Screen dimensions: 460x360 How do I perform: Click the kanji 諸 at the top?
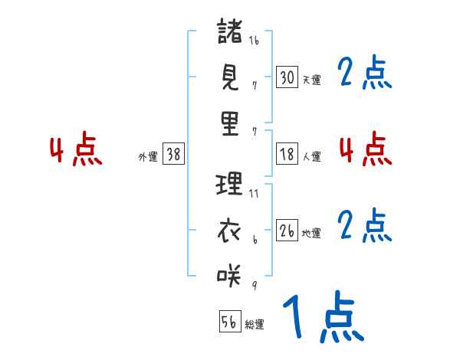230,33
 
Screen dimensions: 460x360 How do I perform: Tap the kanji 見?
230,78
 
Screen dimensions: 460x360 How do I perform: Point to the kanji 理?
230,185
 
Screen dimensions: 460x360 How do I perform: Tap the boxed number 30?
287,77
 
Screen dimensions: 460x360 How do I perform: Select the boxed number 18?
287,153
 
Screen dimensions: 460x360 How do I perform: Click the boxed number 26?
287,230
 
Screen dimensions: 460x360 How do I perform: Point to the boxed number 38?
173,154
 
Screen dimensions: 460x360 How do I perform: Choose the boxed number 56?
229,322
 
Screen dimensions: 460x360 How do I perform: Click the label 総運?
255,325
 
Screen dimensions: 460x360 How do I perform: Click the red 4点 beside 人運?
366,149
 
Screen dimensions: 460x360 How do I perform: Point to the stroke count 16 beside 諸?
254,41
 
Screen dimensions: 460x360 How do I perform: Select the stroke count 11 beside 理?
254,194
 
